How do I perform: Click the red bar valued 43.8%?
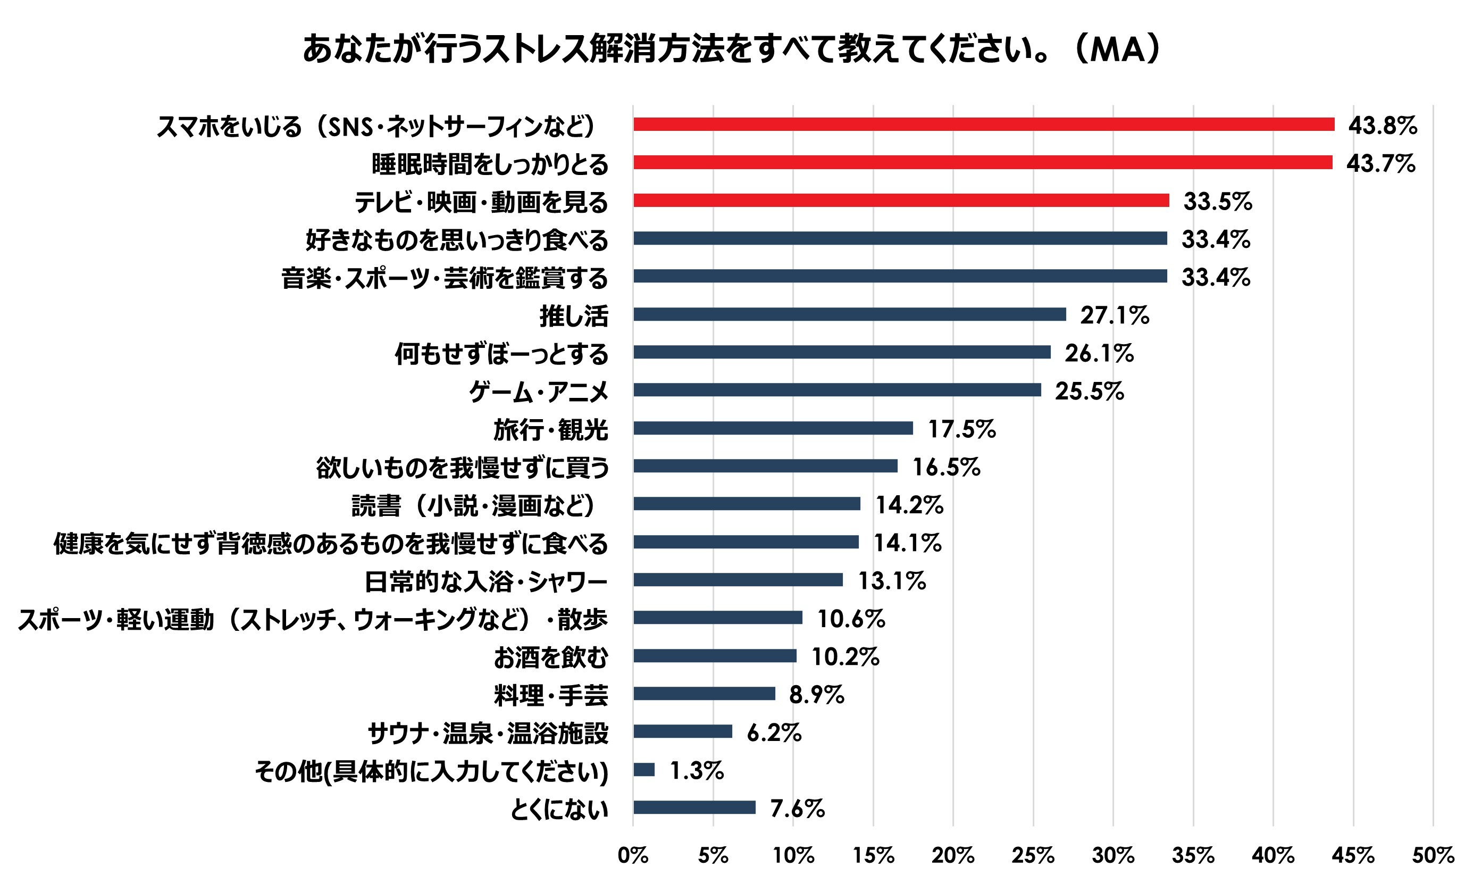point(984,124)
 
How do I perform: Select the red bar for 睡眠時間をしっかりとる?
point(983,162)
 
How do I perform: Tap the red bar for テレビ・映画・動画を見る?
point(901,201)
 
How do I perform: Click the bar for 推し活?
point(849,314)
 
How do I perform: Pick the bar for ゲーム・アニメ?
point(837,390)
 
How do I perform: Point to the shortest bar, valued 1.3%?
point(644,770)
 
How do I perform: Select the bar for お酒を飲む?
point(715,656)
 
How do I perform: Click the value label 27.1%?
point(1115,315)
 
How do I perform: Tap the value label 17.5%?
point(961,429)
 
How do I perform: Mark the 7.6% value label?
point(797,809)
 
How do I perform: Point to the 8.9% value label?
point(816,694)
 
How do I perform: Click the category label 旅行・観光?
point(551,430)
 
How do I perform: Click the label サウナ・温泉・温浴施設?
point(488,733)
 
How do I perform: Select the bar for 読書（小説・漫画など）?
point(747,504)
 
